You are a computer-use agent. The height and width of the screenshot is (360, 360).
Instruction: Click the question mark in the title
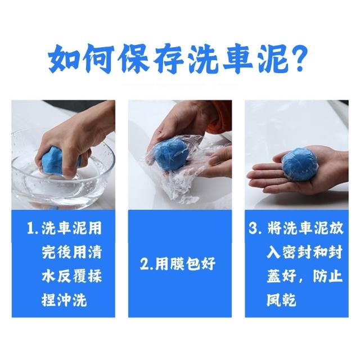[299, 58]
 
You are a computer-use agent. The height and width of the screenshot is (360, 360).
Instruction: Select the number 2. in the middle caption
[147, 264]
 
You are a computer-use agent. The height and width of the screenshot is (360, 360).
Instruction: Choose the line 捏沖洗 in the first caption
[64, 300]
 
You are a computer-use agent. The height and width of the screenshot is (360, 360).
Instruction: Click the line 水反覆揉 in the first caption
[71, 276]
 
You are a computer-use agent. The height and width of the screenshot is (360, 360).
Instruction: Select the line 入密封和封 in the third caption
[304, 252]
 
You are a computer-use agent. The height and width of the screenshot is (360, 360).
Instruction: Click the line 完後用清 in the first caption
[71, 252]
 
